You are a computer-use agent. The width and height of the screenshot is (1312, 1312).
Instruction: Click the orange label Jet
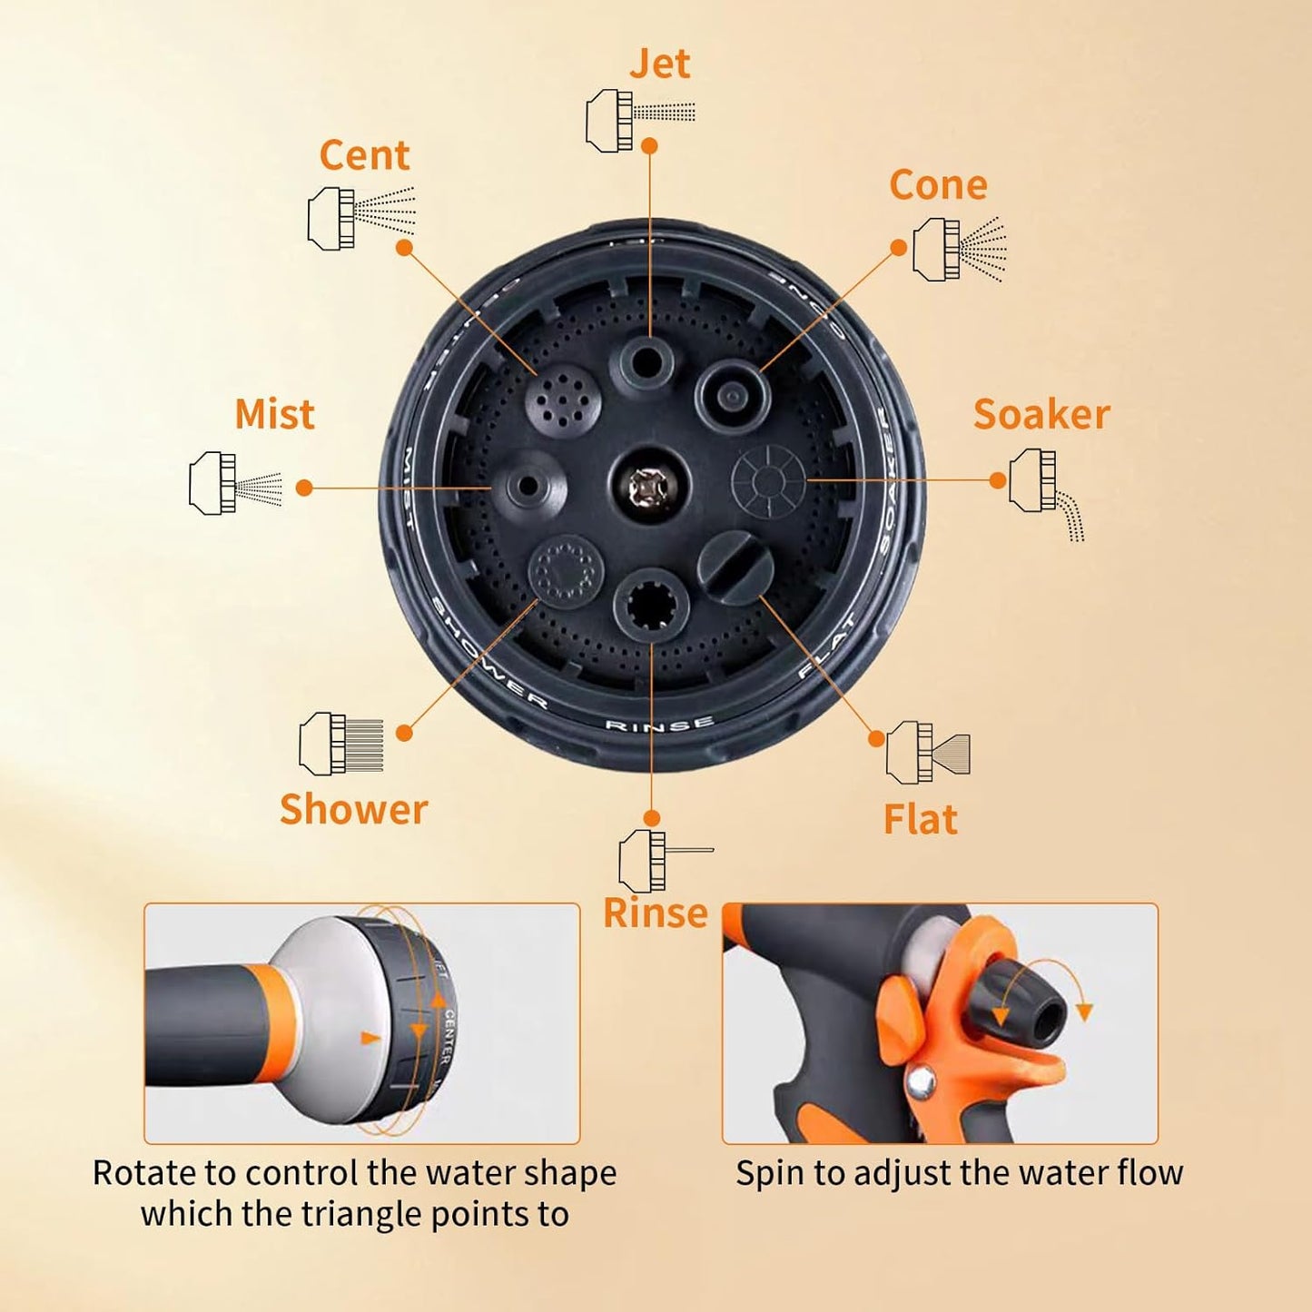pos(660,64)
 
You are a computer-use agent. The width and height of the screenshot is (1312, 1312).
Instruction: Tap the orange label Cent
pos(364,156)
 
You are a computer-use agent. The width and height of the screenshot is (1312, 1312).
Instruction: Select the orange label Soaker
pos(1041,415)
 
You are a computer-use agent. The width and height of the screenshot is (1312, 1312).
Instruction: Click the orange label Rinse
pos(655,913)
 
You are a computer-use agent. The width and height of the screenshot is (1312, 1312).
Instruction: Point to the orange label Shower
pos(353,810)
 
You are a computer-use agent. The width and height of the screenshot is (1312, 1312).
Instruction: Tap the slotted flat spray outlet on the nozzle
pos(735,568)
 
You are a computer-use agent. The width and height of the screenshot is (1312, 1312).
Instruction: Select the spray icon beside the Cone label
pos(959,249)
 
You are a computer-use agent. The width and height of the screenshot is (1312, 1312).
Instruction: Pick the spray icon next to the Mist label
pos(235,483)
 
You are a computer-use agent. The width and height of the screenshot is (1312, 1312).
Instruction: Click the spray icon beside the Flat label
pos(927,752)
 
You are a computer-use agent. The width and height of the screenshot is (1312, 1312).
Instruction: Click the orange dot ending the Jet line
pos(649,145)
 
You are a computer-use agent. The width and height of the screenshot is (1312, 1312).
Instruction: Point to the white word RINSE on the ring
pos(659,725)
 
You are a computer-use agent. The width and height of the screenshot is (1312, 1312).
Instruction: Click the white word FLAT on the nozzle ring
pos(827,647)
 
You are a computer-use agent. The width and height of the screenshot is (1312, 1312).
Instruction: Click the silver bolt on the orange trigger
pos(922,1080)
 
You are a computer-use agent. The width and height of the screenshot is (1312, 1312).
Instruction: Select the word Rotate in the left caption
pos(143,1173)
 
